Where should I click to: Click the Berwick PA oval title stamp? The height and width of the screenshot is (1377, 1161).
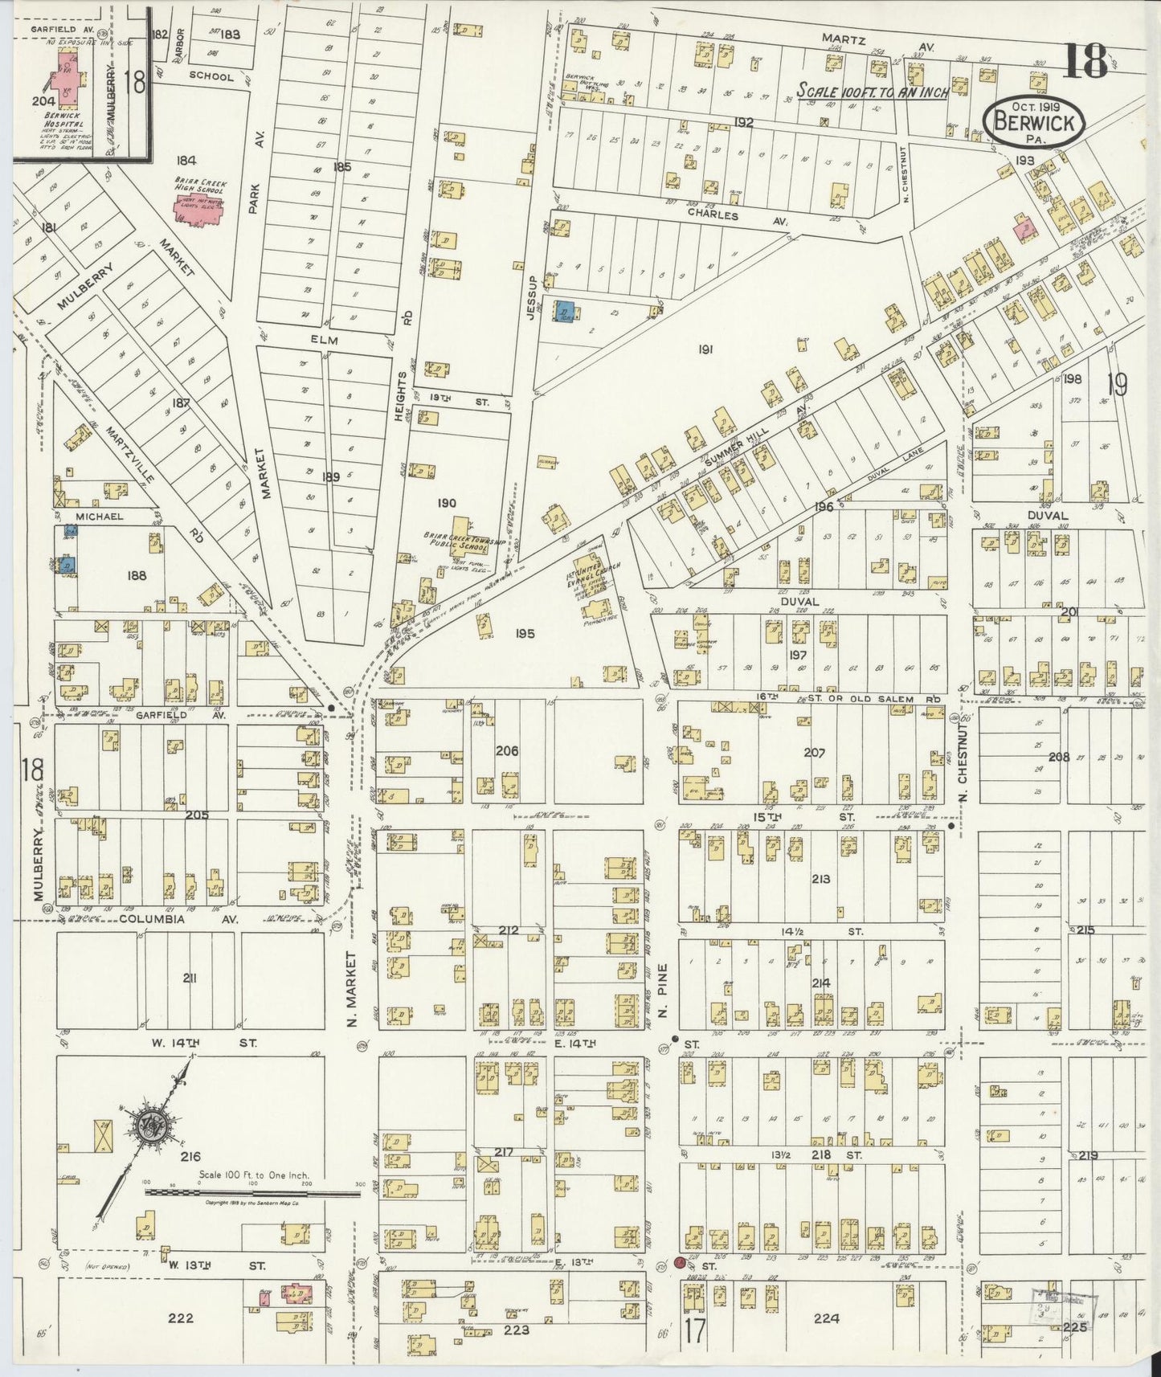(1034, 124)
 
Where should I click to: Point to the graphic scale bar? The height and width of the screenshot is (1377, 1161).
(251, 1192)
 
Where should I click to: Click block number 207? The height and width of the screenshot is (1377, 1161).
(814, 753)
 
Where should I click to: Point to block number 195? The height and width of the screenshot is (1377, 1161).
(525, 634)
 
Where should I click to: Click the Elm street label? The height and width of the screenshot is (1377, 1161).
(328, 341)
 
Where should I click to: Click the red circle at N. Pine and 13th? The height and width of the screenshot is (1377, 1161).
(680, 1263)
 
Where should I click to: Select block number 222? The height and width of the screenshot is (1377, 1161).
(180, 1318)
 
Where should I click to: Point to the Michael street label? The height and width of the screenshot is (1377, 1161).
(100, 516)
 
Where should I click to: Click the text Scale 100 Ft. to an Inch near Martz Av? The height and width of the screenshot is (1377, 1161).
(873, 92)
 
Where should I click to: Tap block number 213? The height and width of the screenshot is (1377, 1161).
(820, 879)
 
